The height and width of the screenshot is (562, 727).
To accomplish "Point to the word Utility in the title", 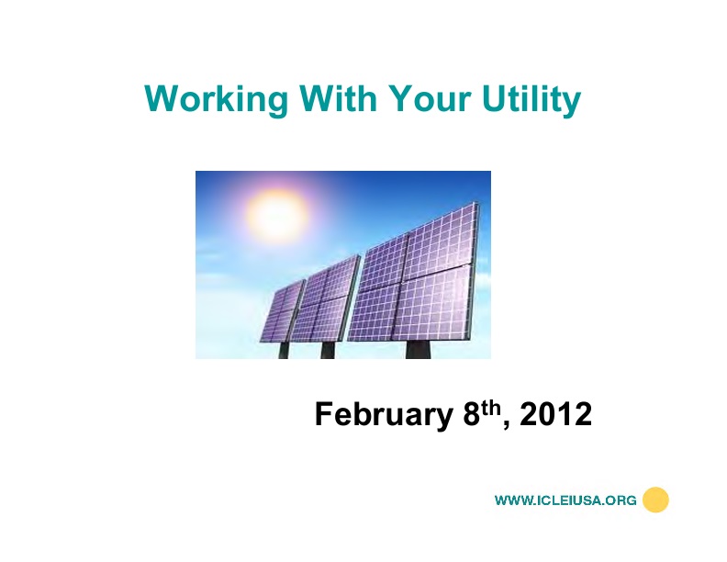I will click(x=531, y=99).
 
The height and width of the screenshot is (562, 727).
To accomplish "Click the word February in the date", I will click(x=379, y=415).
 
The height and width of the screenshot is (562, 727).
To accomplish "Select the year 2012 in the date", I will click(x=555, y=415).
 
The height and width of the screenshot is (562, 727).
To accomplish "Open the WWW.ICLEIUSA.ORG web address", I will click(x=565, y=500).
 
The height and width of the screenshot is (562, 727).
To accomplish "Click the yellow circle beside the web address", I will click(x=655, y=500).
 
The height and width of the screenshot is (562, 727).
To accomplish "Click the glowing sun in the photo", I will click(x=274, y=214).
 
